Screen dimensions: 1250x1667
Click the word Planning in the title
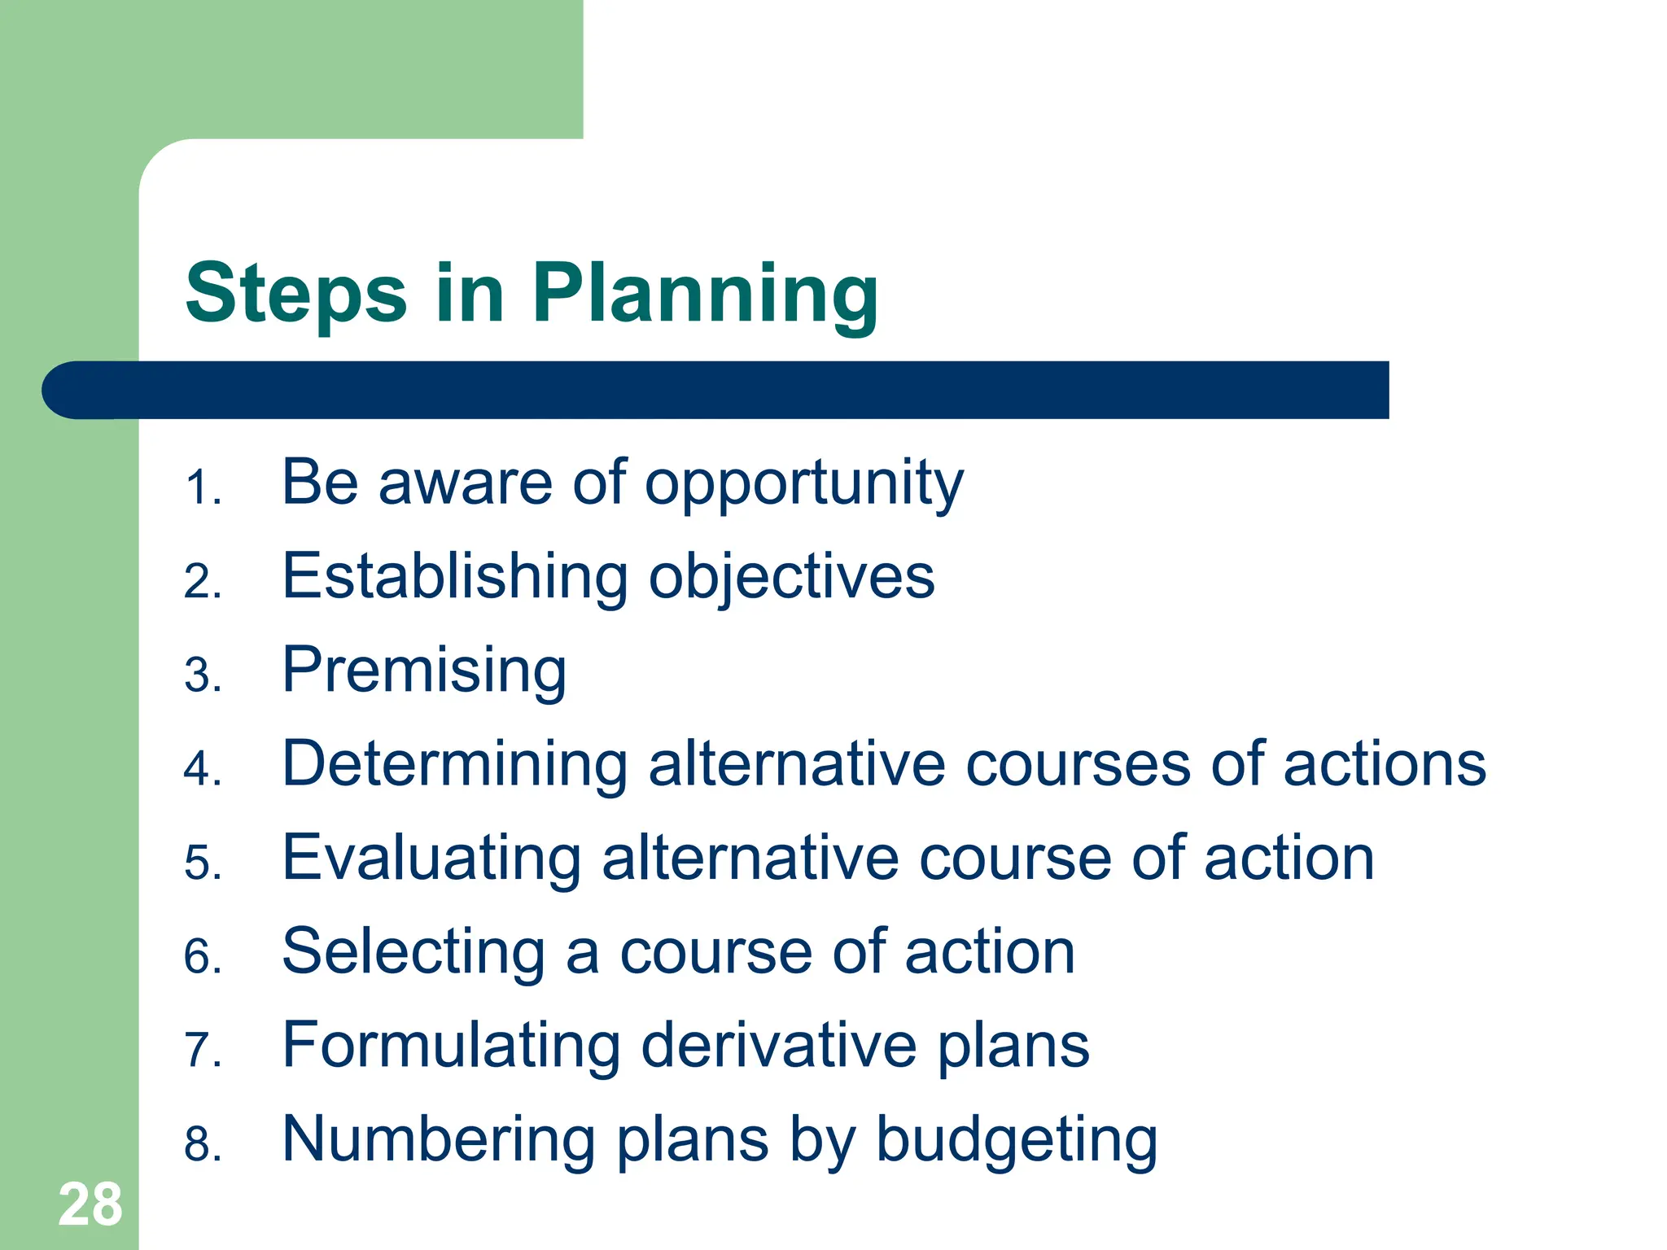(x=705, y=295)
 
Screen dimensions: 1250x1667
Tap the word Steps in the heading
(x=295, y=295)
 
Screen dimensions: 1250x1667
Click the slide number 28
(x=90, y=1204)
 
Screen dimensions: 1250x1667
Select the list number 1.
(x=201, y=488)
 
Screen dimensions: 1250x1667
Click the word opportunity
(x=804, y=485)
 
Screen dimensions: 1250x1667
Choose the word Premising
(x=424, y=671)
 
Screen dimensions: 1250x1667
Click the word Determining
(x=455, y=765)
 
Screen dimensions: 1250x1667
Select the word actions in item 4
(x=1385, y=765)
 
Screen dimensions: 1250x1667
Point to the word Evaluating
(x=431, y=859)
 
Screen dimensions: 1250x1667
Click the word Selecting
(x=413, y=952)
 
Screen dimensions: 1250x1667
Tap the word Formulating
(x=451, y=1046)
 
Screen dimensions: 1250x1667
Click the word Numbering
(x=439, y=1139)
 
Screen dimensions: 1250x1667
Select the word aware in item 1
(x=466, y=483)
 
